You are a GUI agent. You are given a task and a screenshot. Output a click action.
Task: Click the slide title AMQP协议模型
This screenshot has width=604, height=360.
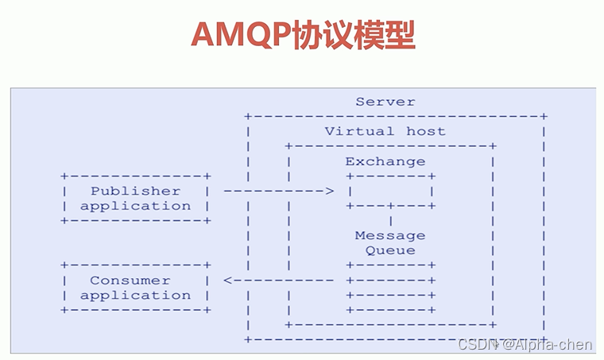tap(303, 36)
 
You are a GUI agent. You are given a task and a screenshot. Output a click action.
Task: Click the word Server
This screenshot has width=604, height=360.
tap(385, 102)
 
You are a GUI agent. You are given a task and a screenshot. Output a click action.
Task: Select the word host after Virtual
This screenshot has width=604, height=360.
tap(426, 131)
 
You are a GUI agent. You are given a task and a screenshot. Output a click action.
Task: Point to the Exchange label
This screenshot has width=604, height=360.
tap(385, 161)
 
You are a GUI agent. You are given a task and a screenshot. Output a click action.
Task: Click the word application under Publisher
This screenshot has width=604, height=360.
tap(135, 206)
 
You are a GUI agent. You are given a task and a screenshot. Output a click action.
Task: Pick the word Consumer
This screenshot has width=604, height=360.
tap(130, 281)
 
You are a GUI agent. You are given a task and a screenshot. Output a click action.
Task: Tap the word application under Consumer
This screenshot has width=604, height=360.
tap(135, 296)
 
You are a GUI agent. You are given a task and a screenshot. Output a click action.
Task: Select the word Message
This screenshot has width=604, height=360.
tap(389, 236)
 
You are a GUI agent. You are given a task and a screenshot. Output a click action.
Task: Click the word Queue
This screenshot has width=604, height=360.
tap(389, 250)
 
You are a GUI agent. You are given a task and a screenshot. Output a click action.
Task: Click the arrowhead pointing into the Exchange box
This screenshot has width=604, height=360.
tap(330, 192)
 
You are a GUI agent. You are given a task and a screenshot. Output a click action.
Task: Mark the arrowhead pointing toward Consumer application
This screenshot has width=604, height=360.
tap(228, 281)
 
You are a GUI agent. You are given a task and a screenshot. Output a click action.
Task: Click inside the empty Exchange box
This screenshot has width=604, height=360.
tap(389, 192)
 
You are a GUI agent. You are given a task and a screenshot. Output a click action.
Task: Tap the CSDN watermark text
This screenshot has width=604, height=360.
tap(474, 344)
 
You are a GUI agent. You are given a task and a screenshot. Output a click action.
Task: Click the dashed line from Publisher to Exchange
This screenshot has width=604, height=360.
tap(274, 192)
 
